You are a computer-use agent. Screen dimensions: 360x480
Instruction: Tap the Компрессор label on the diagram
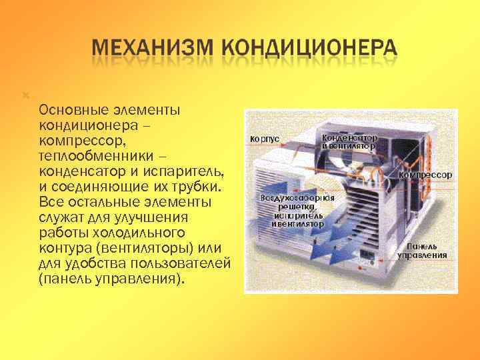point(425,175)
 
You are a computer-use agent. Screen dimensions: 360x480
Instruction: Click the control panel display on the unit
point(365,254)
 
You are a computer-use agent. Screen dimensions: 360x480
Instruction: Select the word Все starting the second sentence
point(49,201)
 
